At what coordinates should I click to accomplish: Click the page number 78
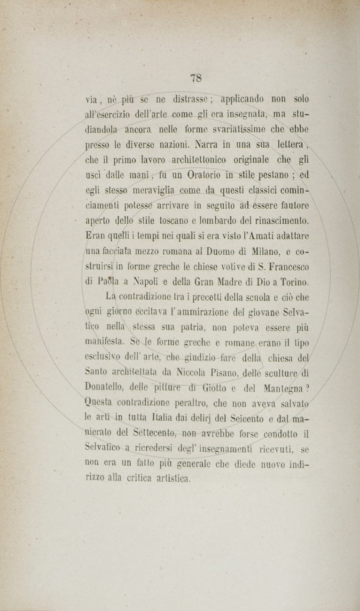[196, 78]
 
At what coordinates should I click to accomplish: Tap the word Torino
[294, 282]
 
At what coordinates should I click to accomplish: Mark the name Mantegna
[282, 388]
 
